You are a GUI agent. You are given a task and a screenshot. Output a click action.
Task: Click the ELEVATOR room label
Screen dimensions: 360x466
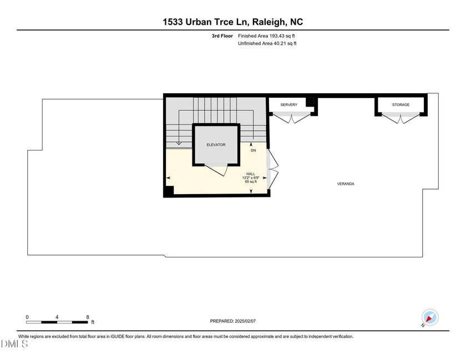pos(216,145)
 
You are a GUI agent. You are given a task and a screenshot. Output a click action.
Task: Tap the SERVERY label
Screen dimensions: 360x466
pos(289,105)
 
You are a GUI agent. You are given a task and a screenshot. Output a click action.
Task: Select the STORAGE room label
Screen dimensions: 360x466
pos(401,105)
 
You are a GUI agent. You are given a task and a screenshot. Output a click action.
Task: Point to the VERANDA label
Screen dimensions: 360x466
pos(346,184)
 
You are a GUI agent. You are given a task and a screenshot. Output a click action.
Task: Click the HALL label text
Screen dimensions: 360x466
pos(251,174)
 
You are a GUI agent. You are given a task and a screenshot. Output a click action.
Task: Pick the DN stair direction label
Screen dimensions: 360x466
pos(253,150)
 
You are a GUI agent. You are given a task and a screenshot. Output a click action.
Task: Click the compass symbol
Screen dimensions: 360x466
pos(429,317)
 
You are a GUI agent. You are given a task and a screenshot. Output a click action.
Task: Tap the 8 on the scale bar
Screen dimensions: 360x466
pos(88,317)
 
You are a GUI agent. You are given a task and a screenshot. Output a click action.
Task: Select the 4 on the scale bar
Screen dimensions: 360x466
pos(57,317)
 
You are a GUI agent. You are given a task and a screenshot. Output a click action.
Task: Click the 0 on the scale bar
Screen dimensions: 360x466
pos(27,317)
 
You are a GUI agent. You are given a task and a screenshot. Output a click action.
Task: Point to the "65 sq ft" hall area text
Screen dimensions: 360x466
pos(251,182)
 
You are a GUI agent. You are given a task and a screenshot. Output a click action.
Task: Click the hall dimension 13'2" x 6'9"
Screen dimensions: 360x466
pos(251,178)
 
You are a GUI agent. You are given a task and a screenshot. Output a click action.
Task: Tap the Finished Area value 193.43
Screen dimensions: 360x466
pos(276,36)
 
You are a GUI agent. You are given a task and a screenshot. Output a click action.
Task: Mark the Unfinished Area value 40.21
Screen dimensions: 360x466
pos(278,43)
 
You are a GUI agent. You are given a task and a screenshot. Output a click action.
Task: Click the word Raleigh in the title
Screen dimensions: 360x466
pos(269,22)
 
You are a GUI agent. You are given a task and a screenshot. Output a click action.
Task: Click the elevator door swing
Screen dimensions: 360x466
pos(216,169)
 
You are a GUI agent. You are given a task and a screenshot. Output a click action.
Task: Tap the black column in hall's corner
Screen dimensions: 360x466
pos(169,191)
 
